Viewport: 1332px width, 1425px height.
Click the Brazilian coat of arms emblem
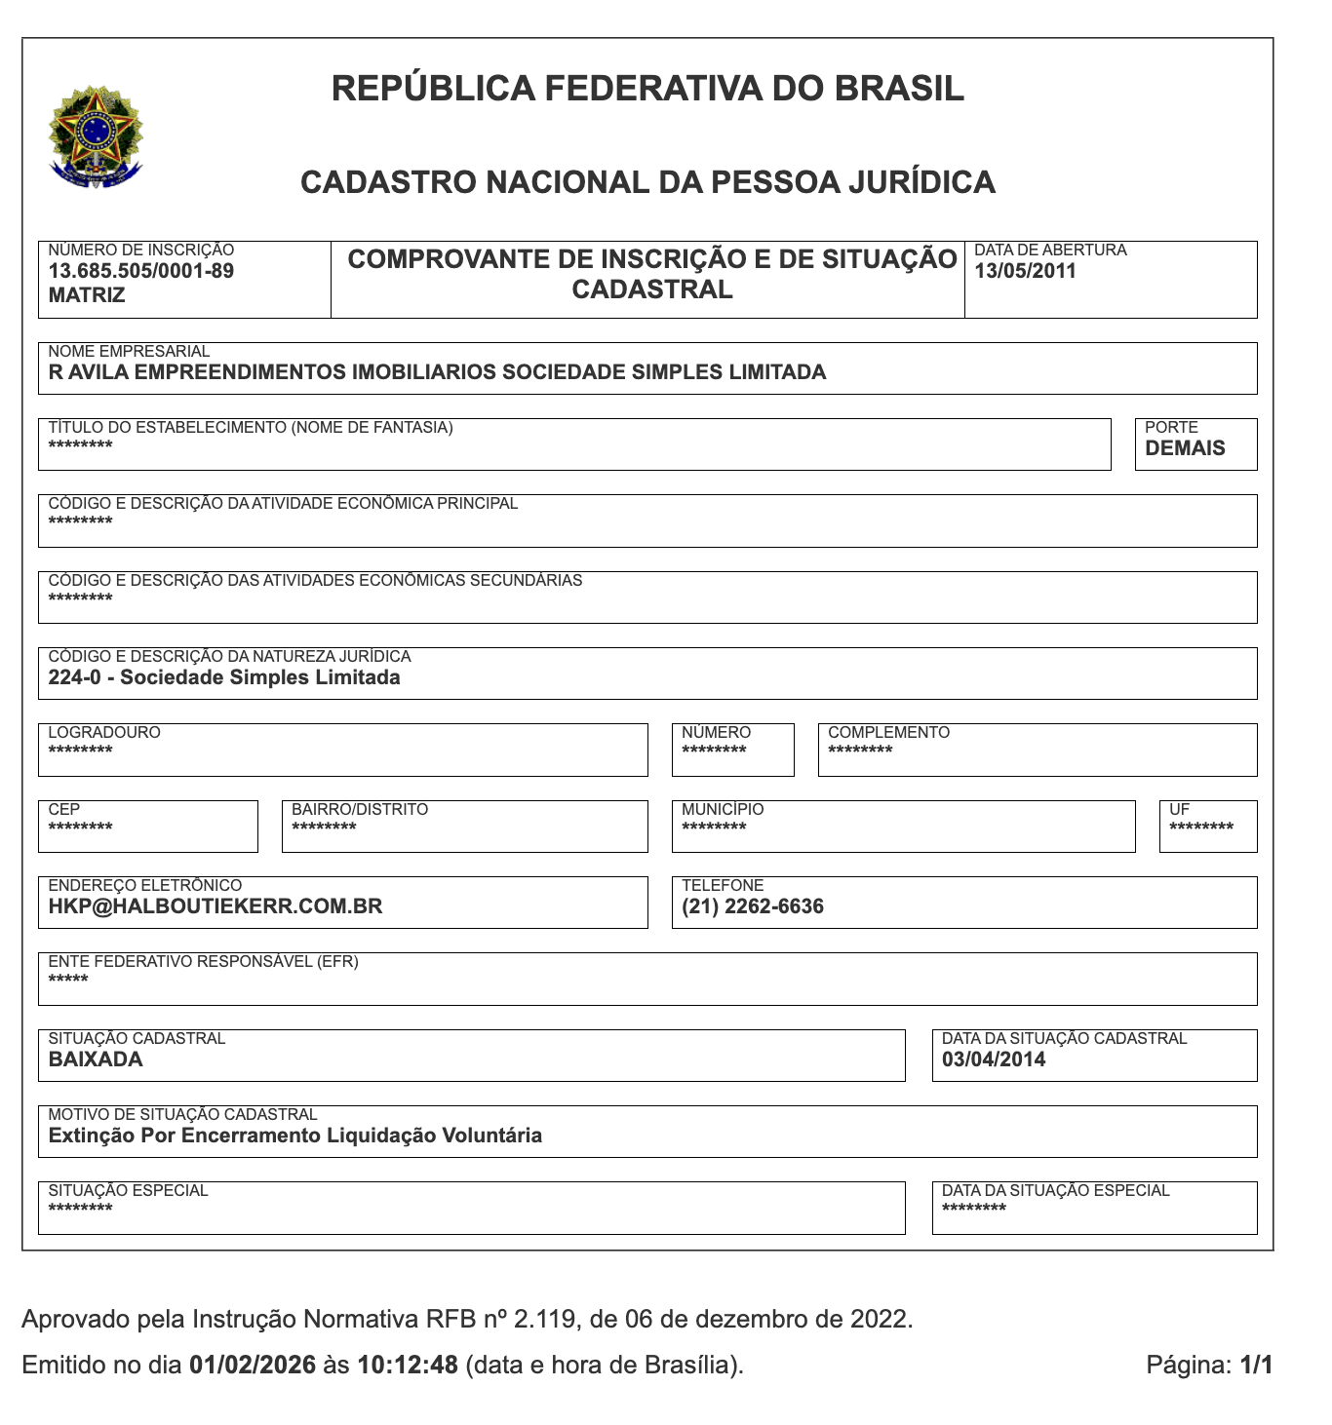click(x=96, y=136)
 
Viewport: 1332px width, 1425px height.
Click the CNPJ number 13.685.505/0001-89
click(x=140, y=271)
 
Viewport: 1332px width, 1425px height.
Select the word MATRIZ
click(x=87, y=295)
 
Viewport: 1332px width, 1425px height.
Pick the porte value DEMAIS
click(x=1185, y=448)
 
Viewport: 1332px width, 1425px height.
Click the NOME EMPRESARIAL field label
click(x=129, y=351)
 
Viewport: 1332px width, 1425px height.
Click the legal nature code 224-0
click(x=75, y=677)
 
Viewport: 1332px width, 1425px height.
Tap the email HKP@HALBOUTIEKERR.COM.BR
click(x=215, y=906)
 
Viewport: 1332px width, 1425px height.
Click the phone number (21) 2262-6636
click(x=752, y=906)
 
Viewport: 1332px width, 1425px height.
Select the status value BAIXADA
click(x=96, y=1059)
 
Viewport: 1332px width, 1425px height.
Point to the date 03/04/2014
click(x=994, y=1059)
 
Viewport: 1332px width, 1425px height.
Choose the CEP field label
click(x=64, y=809)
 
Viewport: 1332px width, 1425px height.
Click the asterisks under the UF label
click(x=1200, y=828)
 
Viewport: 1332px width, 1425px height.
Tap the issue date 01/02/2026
click(x=253, y=1365)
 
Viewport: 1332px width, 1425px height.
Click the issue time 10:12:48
click(x=408, y=1365)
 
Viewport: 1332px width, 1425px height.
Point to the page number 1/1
click(x=1256, y=1365)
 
